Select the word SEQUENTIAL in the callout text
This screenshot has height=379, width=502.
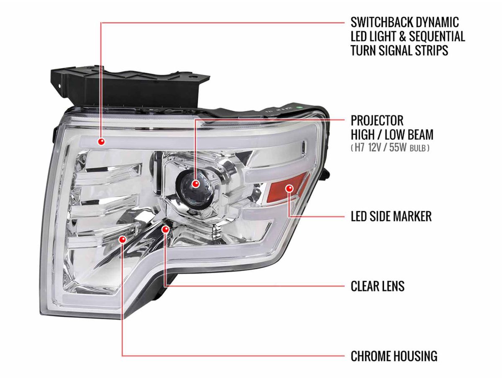click(x=437, y=36)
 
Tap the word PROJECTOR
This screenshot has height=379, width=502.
click(x=377, y=120)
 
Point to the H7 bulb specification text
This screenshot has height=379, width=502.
click(x=390, y=148)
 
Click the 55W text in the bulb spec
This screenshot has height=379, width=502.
click(x=398, y=148)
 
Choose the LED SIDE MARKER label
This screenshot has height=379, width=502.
click(x=391, y=216)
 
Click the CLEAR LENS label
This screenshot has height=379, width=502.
click(x=378, y=286)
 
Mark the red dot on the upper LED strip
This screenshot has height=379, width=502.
click(x=101, y=141)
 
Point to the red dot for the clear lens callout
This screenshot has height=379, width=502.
click(x=165, y=229)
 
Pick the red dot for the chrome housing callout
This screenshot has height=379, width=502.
click(x=123, y=239)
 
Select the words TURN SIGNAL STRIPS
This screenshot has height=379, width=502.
click(x=400, y=51)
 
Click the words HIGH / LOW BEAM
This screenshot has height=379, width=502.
click(x=392, y=135)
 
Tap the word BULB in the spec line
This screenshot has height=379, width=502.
click(x=417, y=149)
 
